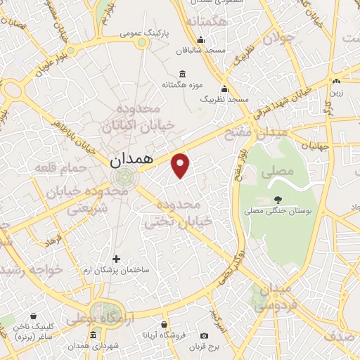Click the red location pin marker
[x=181, y=165]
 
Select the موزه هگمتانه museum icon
[x=183, y=75]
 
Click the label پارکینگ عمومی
[x=141, y=33]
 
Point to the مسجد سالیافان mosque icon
[x=201, y=39]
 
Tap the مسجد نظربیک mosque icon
[x=224, y=89]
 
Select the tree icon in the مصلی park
[x=278, y=199]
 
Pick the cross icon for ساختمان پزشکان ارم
[x=117, y=259]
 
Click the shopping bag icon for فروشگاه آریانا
[x=164, y=325]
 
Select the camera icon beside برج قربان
[x=204, y=336]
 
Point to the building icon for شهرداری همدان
[x=94, y=335]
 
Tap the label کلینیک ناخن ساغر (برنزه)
[x=33, y=332]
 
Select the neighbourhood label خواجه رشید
[x=31, y=270]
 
